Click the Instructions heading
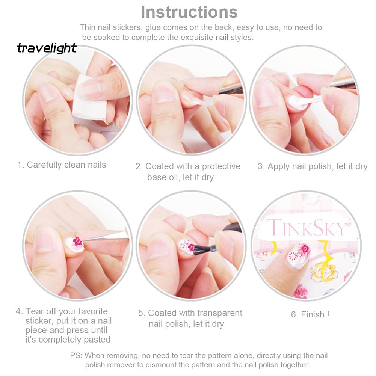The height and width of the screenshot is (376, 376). point(189,12)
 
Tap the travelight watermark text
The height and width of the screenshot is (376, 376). point(47,48)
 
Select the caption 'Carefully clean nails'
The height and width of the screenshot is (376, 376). point(66,165)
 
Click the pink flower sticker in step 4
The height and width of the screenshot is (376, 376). point(78,241)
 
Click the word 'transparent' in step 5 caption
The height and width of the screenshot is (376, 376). point(220,313)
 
